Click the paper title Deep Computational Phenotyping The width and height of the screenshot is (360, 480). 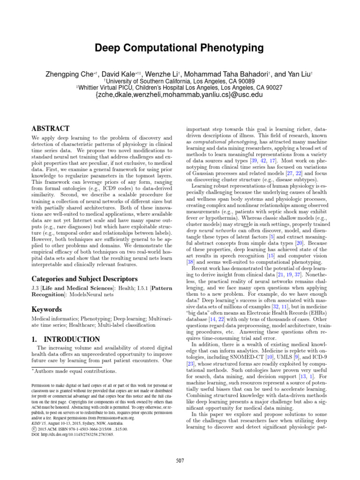pyautogui.click(x=180, y=48)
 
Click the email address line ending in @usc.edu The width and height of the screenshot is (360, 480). pyautogui.click(x=180, y=95)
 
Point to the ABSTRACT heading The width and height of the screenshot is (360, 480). pyautogui.click(x=50, y=128)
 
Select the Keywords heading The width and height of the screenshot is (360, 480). pyautogui.click(x=47, y=309)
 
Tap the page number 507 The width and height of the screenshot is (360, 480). pyautogui.click(x=180, y=461)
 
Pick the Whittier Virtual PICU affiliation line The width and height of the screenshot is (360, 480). pyautogui.click(x=180, y=87)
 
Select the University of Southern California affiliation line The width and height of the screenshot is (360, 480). pyautogui.click(x=180, y=80)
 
